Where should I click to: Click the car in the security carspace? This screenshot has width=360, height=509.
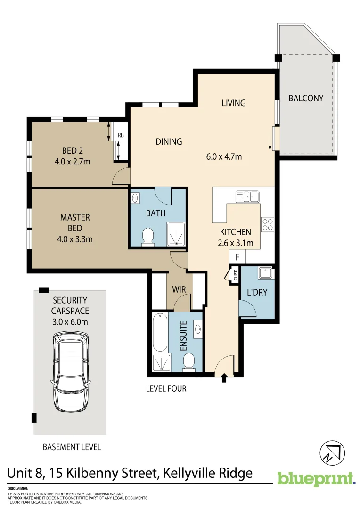click(x=71, y=373)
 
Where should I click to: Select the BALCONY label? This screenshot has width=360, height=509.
click(x=306, y=99)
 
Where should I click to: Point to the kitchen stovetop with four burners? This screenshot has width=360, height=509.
click(x=268, y=224)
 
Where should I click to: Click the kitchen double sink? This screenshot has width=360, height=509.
click(x=248, y=196)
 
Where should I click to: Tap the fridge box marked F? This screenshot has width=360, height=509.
click(x=237, y=257)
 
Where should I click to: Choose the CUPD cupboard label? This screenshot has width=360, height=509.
click(x=234, y=275)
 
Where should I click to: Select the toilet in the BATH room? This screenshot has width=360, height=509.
click(x=148, y=237)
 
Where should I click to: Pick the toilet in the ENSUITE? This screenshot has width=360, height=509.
click(x=189, y=361)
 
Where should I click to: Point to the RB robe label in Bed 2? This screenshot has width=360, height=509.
click(x=121, y=135)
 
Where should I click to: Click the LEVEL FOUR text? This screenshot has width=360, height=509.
click(x=166, y=389)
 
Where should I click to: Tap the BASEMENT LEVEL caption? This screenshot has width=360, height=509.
click(x=72, y=447)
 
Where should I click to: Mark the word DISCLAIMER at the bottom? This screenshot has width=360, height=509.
click(x=18, y=489)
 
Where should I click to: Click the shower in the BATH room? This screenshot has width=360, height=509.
click(x=177, y=234)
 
